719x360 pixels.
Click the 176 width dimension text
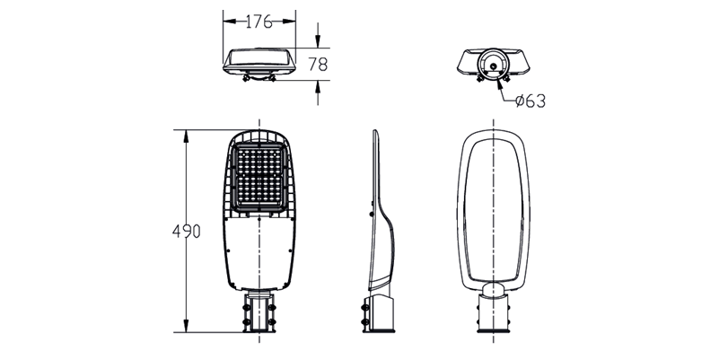click(x=259, y=22)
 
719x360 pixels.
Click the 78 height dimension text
click(x=318, y=65)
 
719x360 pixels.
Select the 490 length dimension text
click(x=186, y=231)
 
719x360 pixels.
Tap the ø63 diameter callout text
click(x=530, y=101)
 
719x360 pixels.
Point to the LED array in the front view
click(x=259, y=177)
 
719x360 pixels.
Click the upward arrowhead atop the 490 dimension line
click(x=186, y=136)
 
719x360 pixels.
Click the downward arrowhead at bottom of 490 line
click(x=186, y=326)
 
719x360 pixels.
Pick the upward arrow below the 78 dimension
click(x=318, y=92)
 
